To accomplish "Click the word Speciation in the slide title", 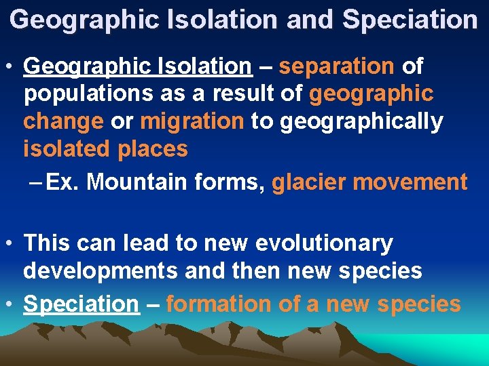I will point(410,20).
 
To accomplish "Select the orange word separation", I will point(337,66).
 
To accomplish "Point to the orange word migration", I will point(192,121).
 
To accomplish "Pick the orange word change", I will point(63,121).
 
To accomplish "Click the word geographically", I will point(360,121).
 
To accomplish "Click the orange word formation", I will point(222,304).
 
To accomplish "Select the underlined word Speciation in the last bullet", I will point(81,304).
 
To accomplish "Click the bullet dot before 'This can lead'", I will point(10,243).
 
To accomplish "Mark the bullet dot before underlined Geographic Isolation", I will point(10,66).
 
